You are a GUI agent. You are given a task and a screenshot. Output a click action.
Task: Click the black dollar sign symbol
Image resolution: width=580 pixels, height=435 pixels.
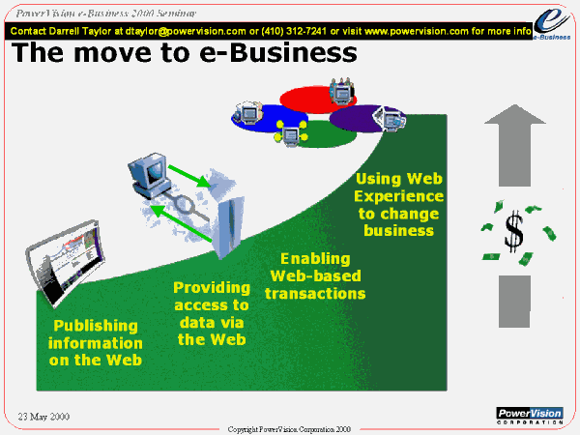514,231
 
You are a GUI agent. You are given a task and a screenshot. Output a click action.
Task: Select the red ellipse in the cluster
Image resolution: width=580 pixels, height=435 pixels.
317,100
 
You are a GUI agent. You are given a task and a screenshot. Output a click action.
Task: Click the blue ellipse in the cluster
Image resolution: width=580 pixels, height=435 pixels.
270,118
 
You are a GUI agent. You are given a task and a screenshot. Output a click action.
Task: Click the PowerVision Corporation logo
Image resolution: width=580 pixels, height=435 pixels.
530,416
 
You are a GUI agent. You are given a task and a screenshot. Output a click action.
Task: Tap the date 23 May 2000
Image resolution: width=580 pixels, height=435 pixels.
43,417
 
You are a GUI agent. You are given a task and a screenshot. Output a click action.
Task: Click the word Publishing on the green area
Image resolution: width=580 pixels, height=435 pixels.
96,326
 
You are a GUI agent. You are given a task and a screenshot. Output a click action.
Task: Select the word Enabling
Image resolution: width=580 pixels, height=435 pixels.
315,258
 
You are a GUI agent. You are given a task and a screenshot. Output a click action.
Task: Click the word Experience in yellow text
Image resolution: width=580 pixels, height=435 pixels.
398,196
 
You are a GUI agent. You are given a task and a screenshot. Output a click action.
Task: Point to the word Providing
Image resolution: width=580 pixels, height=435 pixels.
212,288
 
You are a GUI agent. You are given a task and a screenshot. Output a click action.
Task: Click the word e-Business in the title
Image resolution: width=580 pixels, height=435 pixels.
278,52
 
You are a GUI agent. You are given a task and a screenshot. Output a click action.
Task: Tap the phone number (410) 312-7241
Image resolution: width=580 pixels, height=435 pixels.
294,31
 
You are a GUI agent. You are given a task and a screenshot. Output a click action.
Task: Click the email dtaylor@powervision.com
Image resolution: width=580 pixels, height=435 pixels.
186,31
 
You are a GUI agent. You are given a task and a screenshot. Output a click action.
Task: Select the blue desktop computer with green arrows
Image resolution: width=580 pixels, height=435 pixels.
149,175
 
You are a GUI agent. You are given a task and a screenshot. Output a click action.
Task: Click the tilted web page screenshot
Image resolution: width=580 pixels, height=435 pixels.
66,262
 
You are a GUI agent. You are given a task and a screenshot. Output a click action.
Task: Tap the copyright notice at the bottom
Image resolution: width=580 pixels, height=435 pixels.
289,429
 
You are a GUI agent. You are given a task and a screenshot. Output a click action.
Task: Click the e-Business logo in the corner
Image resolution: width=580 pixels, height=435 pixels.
552,24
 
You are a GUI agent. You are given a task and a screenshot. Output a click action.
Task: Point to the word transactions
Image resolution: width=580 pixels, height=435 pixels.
315,294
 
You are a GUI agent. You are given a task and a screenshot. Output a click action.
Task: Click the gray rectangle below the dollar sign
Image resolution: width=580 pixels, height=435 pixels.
514,301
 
